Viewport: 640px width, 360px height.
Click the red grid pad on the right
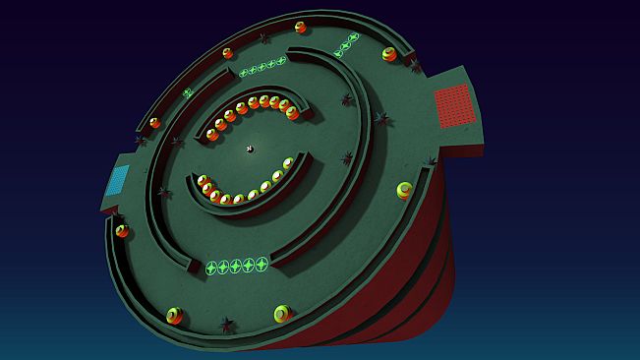coord(454,104)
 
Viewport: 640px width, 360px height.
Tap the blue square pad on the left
coord(118,179)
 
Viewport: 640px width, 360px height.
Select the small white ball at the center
coord(250,150)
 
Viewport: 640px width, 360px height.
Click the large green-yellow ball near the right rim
coord(405,190)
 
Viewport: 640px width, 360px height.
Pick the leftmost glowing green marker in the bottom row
coord(210,268)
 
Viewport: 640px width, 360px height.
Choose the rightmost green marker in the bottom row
coord(262,263)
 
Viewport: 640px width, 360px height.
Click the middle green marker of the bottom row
coord(236,266)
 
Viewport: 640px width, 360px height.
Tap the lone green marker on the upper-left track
coord(187,92)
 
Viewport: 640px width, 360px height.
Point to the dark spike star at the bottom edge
coord(227,324)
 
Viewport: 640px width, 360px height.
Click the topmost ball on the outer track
coord(300,27)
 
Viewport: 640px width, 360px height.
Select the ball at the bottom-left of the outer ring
coord(175,316)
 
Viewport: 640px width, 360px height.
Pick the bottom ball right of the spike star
coord(282,314)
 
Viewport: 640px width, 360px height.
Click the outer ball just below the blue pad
coord(122,231)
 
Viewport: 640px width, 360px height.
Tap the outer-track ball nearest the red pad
coord(390,54)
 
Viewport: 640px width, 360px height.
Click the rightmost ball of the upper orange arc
coord(292,112)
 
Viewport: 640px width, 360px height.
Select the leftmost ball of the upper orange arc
coord(212,134)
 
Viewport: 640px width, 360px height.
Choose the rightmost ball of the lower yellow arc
coord(289,163)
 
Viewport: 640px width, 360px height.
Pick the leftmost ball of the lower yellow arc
coord(203,181)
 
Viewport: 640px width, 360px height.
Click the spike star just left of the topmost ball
coord(264,38)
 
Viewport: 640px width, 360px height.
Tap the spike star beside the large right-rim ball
coord(430,162)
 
